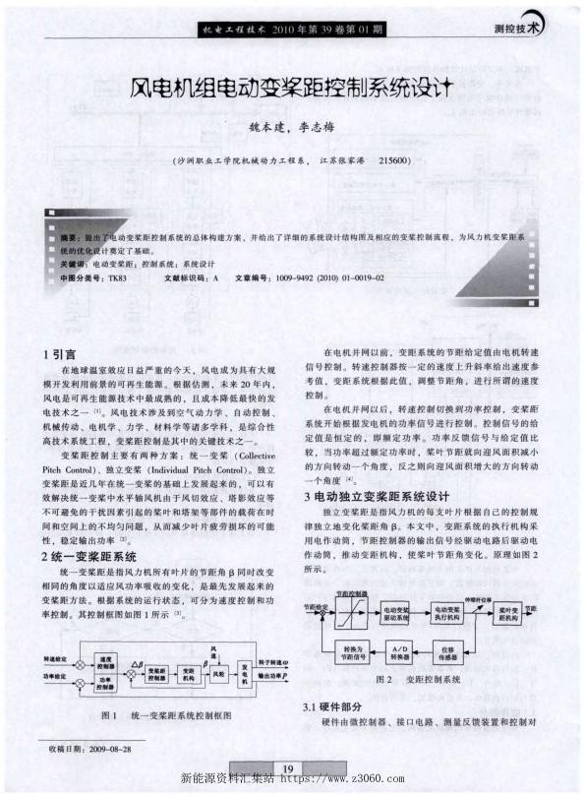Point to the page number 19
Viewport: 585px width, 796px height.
pyautogui.click(x=287, y=768)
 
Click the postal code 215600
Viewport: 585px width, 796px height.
pyautogui.click(x=393, y=159)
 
